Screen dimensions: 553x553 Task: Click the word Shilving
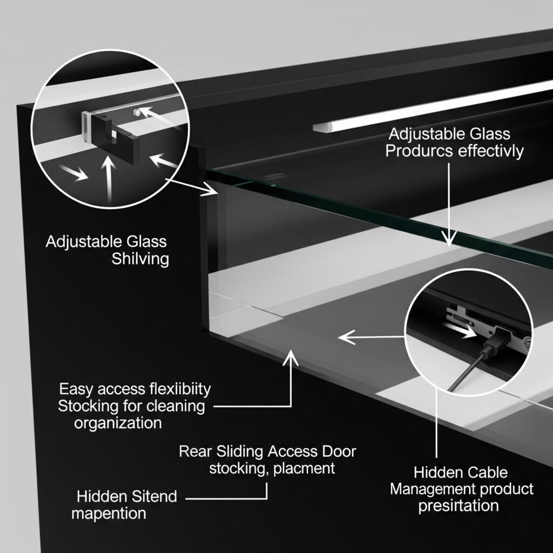pos(140,259)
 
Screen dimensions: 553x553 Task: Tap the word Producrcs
pos(419,151)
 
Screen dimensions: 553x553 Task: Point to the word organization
pos(118,422)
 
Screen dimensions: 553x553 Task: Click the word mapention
pos(109,512)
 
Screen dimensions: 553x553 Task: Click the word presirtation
pos(458,506)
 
